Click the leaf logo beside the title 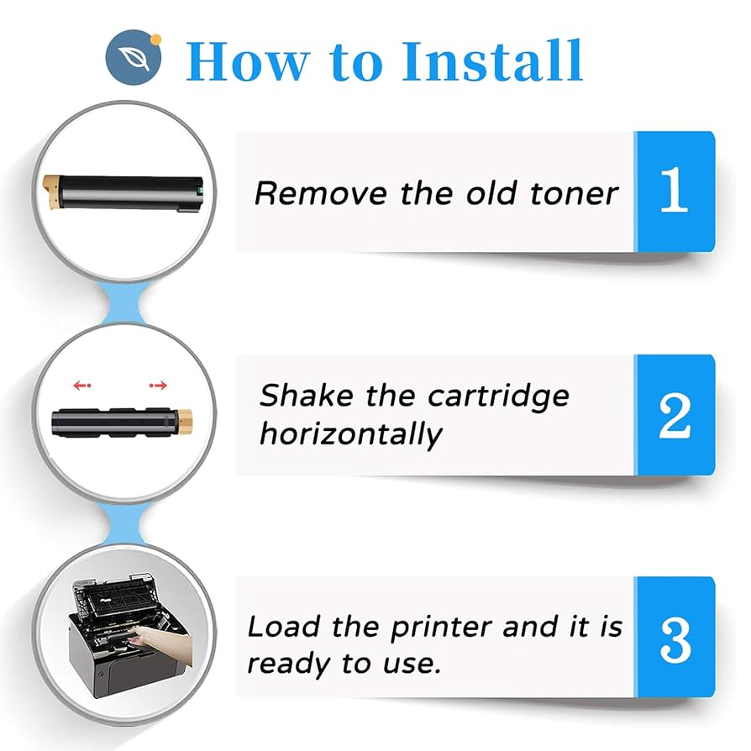tap(134, 58)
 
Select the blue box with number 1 tap(674, 192)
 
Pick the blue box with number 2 tap(674, 414)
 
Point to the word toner tap(575, 193)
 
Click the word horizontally tap(350, 434)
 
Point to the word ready tap(290, 664)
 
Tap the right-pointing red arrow tap(158, 386)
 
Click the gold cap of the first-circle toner tap(50, 183)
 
